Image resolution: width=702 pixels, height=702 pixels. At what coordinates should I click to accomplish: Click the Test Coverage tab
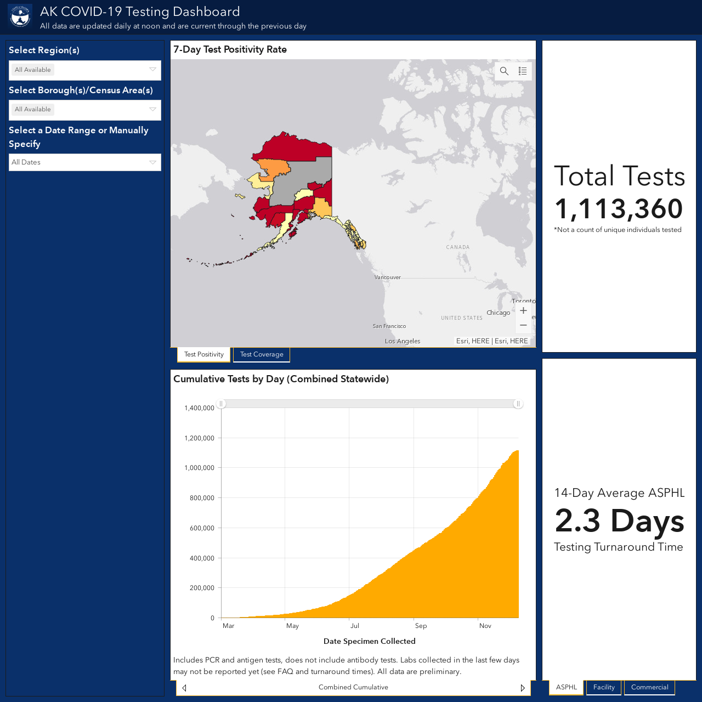262,354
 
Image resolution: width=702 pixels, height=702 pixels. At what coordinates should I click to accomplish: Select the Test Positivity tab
203,354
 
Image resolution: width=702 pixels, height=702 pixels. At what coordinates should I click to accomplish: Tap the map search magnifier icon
504,71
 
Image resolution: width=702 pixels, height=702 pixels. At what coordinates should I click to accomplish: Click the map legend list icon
523,71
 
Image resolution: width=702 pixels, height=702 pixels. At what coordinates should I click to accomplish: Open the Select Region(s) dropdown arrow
152,70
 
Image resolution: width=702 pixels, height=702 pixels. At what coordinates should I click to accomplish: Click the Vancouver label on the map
388,278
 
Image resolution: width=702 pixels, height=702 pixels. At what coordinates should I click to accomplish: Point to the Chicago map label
499,313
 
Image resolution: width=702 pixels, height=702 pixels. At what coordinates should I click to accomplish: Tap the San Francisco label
389,326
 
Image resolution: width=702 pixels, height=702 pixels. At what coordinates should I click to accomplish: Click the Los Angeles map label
403,341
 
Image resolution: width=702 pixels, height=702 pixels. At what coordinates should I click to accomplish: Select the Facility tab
604,687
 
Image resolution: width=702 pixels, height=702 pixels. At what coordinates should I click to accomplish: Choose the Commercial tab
649,687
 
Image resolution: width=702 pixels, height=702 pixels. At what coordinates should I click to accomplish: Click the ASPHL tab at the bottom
567,687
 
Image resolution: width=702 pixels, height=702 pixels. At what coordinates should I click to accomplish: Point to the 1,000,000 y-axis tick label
199,468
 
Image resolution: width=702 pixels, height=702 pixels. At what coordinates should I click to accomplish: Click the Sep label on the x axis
421,626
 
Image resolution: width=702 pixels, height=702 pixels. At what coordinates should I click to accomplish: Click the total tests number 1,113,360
619,209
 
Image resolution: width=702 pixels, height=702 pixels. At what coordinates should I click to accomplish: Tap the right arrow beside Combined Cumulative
523,688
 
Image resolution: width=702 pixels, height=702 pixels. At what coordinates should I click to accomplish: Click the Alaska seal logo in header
20,16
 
